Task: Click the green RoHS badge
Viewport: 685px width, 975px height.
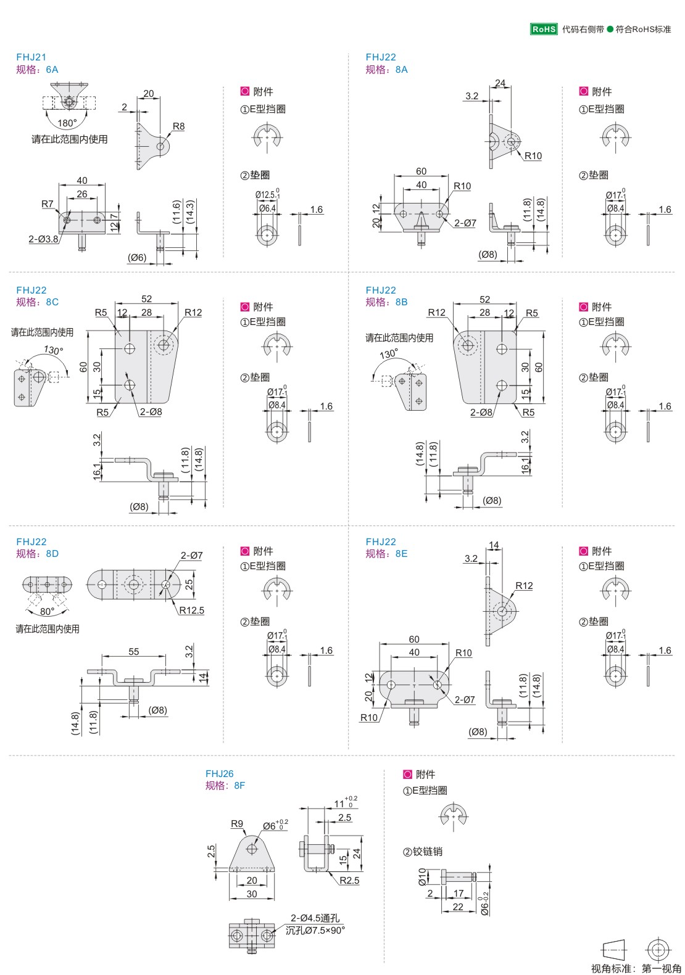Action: pyautogui.click(x=544, y=29)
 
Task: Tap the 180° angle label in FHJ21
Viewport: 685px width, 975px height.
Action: pyautogui.click(x=67, y=123)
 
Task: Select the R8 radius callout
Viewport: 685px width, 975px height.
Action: pyautogui.click(x=178, y=126)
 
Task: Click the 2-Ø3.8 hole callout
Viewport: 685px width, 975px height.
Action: pyautogui.click(x=43, y=239)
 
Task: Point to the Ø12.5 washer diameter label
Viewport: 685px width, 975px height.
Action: pyautogui.click(x=267, y=195)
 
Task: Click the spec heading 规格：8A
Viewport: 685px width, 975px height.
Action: pyautogui.click(x=386, y=70)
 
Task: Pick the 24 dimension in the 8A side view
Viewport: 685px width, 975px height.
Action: pyautogui.click(x=500, y=83)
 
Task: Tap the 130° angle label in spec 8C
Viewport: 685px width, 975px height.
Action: pyautogui.click(x=53, y=350)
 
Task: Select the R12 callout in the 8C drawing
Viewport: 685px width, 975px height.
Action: pyautogui.click(x=193, y=313)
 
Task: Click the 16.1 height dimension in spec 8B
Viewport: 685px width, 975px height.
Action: pyautogui.click(x=525, y=464)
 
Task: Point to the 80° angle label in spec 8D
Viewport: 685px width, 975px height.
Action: pyautogui.click(x=47, y=612)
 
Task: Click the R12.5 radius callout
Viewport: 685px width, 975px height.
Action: pyautogui.click(x=192, y=611)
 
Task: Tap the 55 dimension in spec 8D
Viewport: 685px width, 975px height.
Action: pyautogui.click(x=134, y=651)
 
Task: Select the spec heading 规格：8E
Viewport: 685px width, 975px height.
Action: pyautogui.click(x=386, y=554)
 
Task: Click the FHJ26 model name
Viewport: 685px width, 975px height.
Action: pyautogui.click(x=219, y=773)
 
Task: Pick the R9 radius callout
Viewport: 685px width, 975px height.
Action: pyautogui.click(x=237, y=823)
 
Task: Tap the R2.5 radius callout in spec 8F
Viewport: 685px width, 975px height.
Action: pyautogui.click(x=349, y=880)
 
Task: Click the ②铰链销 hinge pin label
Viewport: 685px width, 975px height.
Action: pyautogui.click(x=423, y=852)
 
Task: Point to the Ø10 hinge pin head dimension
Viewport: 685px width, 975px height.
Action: pyautogui.click(x=423, y=876)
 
